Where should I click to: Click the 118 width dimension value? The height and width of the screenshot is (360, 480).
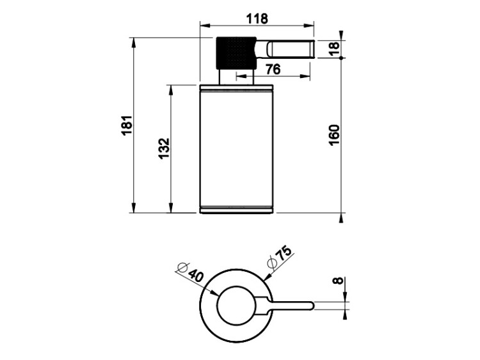(257, 19)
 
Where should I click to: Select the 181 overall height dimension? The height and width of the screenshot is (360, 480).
(127, 125)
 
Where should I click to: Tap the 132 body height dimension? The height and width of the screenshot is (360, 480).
(164, 148)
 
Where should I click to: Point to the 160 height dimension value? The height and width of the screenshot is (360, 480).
(334, 135)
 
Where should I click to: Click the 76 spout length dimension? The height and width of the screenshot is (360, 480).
(273, 69)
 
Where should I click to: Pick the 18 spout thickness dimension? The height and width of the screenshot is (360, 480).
(334, 49)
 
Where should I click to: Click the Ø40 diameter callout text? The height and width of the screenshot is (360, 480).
(190, 272)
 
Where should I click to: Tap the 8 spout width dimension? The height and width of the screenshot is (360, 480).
(338, 280)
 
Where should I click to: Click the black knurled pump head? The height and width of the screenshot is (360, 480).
(236, 52)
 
